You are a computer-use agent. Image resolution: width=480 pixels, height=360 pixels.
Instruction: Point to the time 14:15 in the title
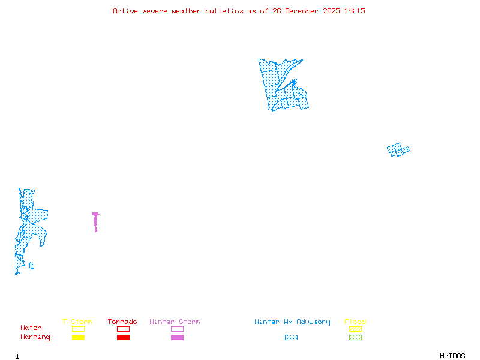click(355, 11)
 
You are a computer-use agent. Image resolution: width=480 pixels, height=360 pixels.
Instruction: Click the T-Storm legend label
click(77, 322)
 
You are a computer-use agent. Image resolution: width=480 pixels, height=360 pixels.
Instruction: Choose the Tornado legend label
click(122, 322)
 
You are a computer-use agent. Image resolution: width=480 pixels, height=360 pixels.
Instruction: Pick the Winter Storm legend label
click(175, 322)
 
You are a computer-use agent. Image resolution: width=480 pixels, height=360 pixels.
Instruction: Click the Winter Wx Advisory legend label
click(292, 322)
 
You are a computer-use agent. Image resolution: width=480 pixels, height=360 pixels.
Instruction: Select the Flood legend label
click(355, 322)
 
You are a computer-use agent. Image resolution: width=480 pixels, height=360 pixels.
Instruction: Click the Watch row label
click(31, 328)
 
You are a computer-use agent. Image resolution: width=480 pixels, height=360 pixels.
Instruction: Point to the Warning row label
click(35, 337)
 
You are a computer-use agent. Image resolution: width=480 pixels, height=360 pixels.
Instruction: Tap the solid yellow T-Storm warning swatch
click(78, 337)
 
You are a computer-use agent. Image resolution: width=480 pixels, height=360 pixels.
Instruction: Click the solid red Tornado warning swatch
click(123, 337)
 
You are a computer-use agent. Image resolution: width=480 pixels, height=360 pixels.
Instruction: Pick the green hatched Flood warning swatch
click(355, 337)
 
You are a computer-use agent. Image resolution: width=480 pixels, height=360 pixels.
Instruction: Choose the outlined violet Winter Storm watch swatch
click(177, 329)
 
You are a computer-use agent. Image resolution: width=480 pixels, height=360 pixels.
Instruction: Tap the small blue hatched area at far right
click(398, 149)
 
